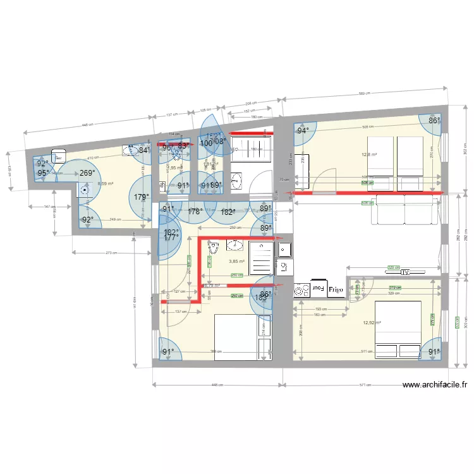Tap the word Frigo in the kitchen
336,289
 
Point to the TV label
406,272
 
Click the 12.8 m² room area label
368,154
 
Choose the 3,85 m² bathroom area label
236,261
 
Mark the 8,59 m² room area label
105,184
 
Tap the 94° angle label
304,131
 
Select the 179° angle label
142,197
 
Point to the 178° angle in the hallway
195,212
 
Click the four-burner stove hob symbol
301,290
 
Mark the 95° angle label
43,173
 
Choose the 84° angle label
144,150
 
